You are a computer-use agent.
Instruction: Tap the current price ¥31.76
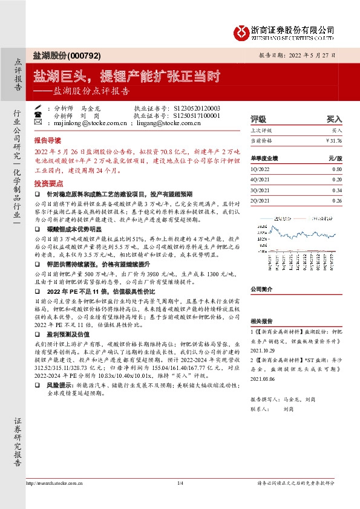click(332, 140)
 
